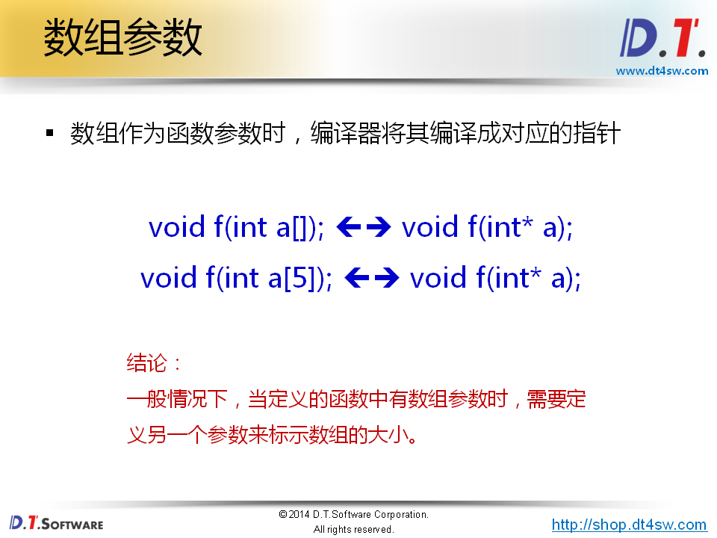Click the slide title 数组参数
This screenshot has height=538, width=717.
[122, 38]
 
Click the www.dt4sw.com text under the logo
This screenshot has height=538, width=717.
[662, 71]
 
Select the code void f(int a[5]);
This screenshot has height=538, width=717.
[236, 278]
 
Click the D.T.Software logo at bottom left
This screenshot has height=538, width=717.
[57, 523]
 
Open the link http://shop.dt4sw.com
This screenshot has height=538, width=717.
[629, 525]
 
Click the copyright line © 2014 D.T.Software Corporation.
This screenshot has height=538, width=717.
[353, 515]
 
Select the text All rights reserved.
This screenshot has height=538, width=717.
[353, 529]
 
